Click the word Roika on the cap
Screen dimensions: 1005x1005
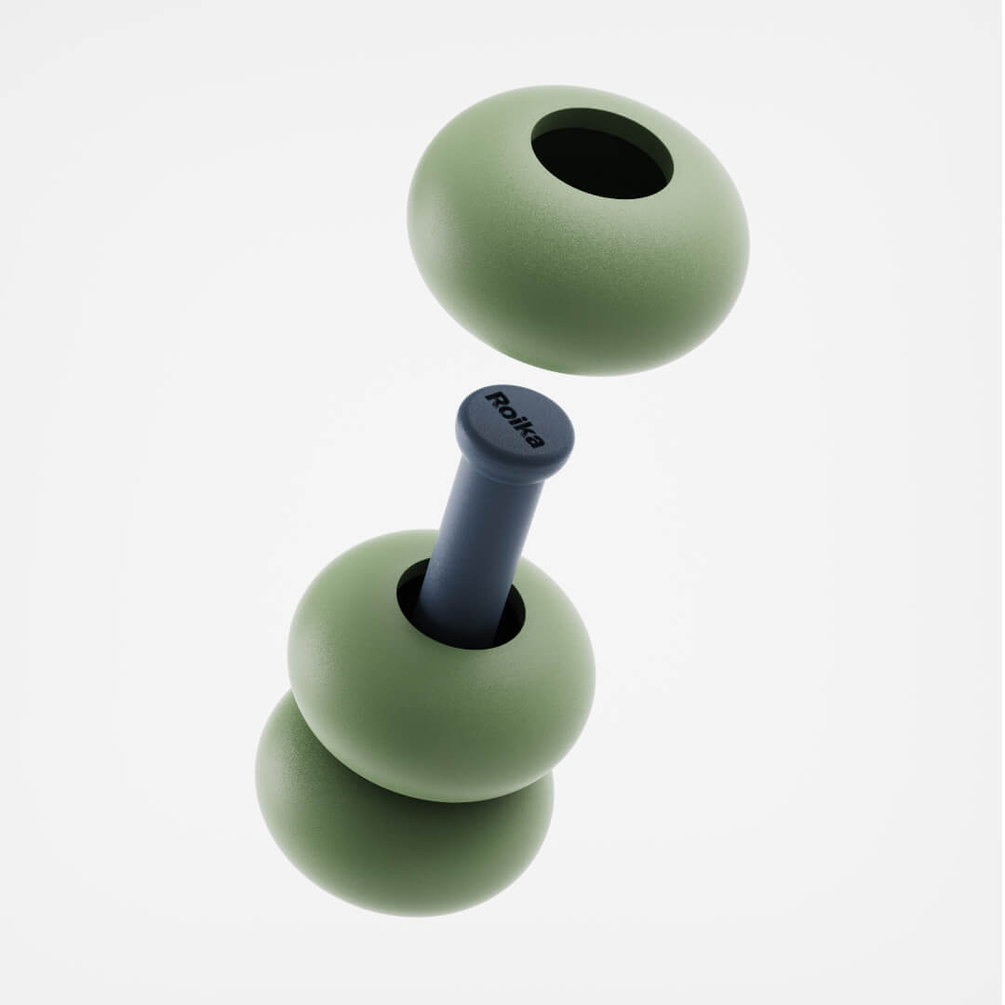click(x=516, y=419)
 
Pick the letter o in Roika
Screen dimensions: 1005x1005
click(x=508, y=411)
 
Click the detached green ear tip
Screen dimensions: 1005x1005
click(x=578, y=230)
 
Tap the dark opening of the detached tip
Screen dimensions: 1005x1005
click(x=602, y=154)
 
